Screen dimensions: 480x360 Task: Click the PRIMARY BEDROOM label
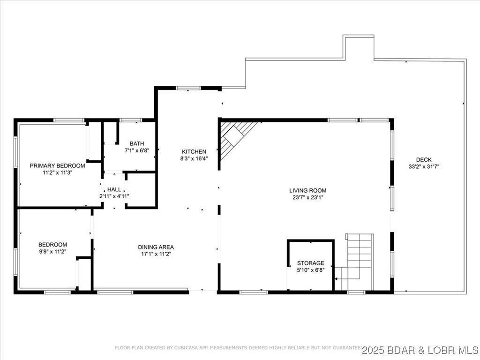(57, 165)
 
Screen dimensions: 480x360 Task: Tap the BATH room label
(137, 143)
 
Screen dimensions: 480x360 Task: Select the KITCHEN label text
(194, 151)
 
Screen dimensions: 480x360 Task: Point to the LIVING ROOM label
(307, 190)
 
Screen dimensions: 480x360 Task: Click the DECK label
(424, 159)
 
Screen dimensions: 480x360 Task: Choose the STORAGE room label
(310, 263)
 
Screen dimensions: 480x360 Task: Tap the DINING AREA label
(156, 247)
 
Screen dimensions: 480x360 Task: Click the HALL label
(114, 189)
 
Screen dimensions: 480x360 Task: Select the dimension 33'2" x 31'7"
(424, 166)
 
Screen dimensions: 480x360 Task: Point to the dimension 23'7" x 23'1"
(307, 197)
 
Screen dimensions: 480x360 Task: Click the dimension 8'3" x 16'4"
(194, 158)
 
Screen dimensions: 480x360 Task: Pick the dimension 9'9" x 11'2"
(52, 252)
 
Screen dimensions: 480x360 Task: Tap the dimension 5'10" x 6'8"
(310, 270)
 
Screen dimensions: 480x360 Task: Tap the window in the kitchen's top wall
(188, 88)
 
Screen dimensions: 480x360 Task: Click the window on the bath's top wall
(131, 120)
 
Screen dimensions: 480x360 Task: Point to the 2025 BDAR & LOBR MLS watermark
(420, 350)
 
